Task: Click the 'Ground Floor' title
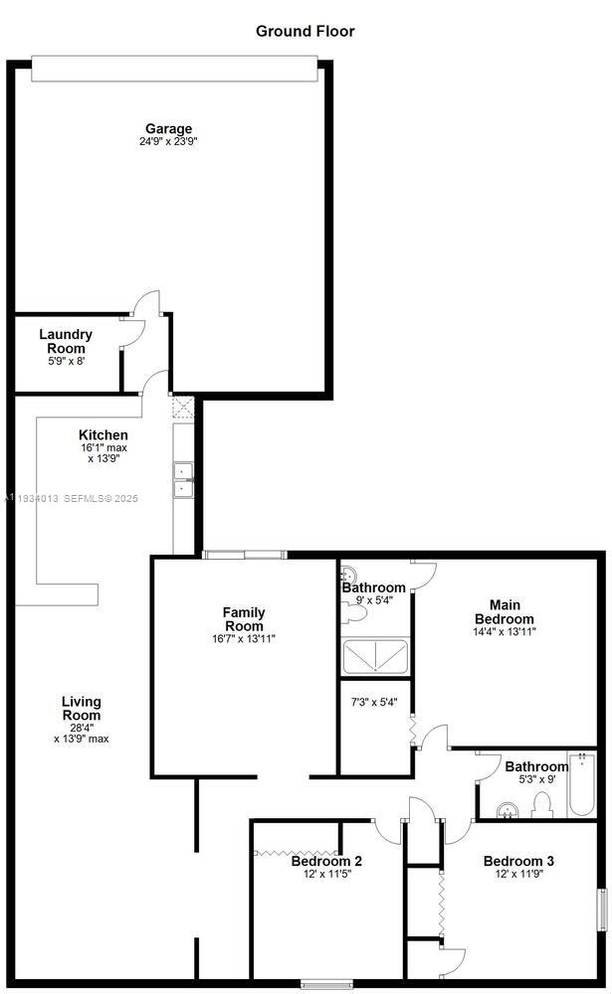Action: (x=305, y=31)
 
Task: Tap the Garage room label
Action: (x=168, y=128)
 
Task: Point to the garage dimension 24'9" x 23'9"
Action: (x=168, y=142)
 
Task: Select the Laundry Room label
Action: (x=66, y=341)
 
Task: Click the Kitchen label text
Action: (x=103, y=435)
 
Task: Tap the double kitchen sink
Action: (x=183, y=480)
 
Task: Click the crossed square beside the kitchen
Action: (x=183, y=407)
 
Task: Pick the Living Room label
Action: (x=82, y=708)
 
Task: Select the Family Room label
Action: (x=244, y=618)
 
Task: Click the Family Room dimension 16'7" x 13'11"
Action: (x=244, y=639)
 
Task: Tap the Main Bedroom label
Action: (x=505, y=611)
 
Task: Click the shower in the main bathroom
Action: (x=375, y=657)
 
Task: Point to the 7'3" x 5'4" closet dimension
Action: (x=374, y=703)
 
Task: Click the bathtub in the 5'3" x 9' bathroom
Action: (x=581, y=784)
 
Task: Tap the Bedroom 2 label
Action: (x=326, y=861)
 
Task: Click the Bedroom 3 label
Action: (x=518, y=861)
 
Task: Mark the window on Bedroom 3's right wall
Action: (x=601, y=910)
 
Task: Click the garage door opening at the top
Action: (x=174, y=69)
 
